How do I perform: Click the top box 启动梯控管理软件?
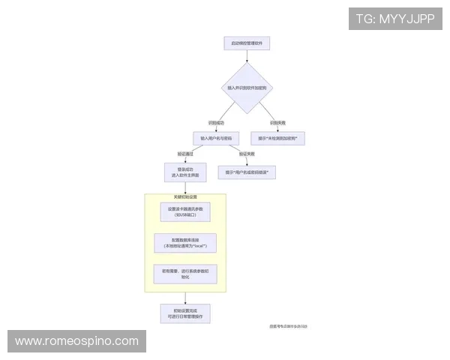coord(247,43)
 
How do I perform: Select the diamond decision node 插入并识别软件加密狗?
coord(247,88)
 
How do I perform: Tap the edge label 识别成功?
coord(216,122)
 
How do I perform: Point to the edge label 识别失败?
coord(278,122)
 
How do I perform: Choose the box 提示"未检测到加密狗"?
coord(278,139)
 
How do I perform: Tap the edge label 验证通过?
coord(185,154)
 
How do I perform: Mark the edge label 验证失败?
coord(247,154)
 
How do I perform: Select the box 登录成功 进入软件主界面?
coord(185,172)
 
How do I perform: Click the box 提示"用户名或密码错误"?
coord(247,172)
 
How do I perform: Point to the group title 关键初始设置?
coord(164,196)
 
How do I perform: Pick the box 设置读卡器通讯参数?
coord(185,211)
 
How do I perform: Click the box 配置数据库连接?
coord(185,243)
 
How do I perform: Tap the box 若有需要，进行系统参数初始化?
coord(185,274)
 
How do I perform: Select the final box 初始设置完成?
coord(185,313)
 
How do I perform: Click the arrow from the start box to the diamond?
coord(247,56)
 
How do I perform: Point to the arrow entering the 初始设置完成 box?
coord(185,298)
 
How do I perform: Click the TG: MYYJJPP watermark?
coord(395,19)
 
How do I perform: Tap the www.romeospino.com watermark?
coord(77,341)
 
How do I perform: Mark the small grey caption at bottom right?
coord(289,326)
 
